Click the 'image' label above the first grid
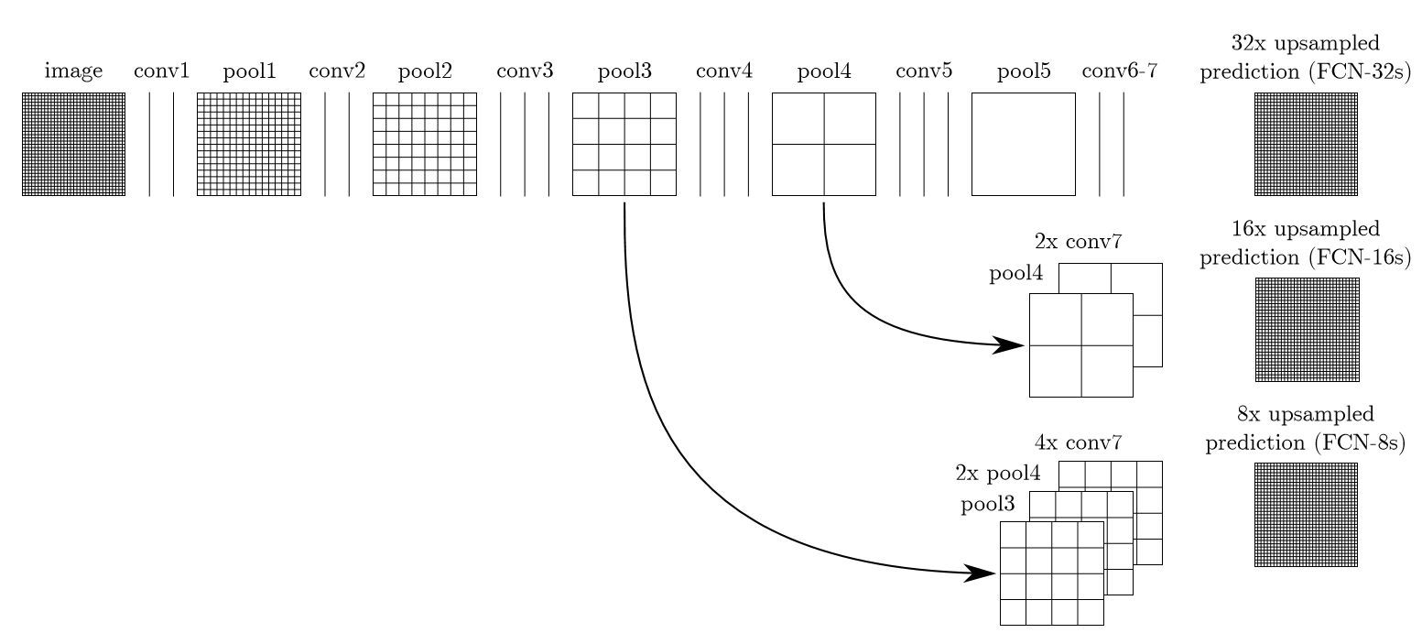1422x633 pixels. (73, 71)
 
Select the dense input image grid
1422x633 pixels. (73, 144)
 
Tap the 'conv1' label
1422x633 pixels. (161, 71)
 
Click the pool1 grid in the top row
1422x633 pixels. (248, 144)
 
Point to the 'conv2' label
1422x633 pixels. (337, 71)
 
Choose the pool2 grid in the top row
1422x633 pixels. (424, 144)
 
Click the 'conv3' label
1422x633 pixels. (525, 71)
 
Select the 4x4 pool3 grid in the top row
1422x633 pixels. (624, 144)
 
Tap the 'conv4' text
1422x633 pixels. (724, 71)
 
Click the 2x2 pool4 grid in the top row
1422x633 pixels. (823, 144)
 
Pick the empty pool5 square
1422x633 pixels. (1023, 144)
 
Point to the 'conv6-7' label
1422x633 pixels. (1119, 71)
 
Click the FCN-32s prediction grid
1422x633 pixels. (1306, 144)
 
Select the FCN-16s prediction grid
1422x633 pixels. (1307, 329)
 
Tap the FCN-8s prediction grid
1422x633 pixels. (1306, 514)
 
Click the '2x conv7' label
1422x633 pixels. (1078, 243)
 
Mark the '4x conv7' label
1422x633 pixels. (1078, 443)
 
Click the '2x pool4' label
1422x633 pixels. (997, 474)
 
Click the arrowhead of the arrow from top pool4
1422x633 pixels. (1011, 345)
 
